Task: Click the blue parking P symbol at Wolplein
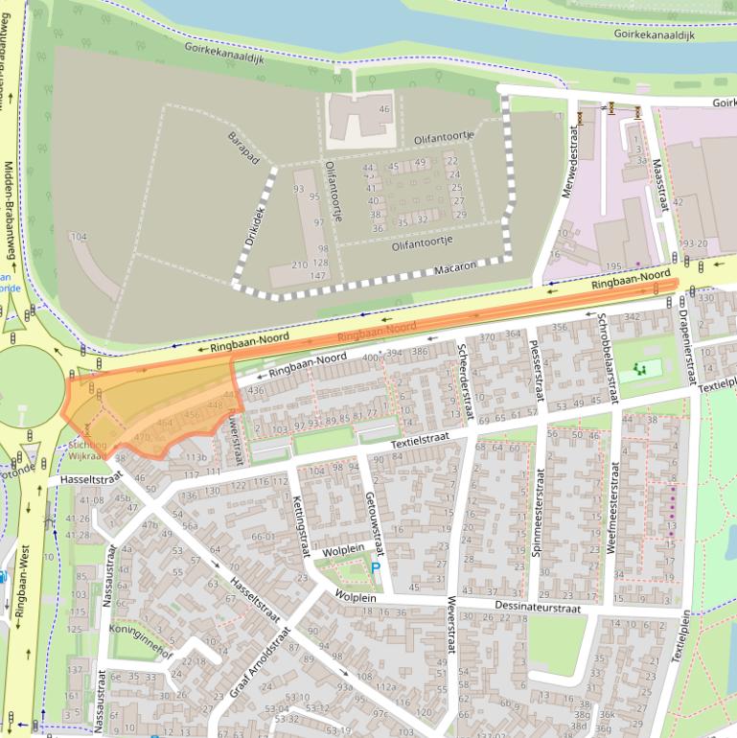(376, 568)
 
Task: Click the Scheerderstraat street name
(464, 381)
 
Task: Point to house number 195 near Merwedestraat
(614, 265)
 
